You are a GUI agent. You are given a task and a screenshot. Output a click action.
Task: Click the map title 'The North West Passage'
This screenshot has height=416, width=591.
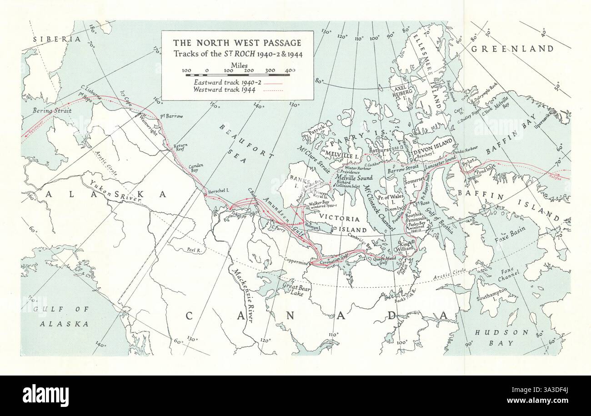click(237, 43)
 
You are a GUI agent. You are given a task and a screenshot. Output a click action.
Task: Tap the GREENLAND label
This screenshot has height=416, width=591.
click(512, 49)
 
